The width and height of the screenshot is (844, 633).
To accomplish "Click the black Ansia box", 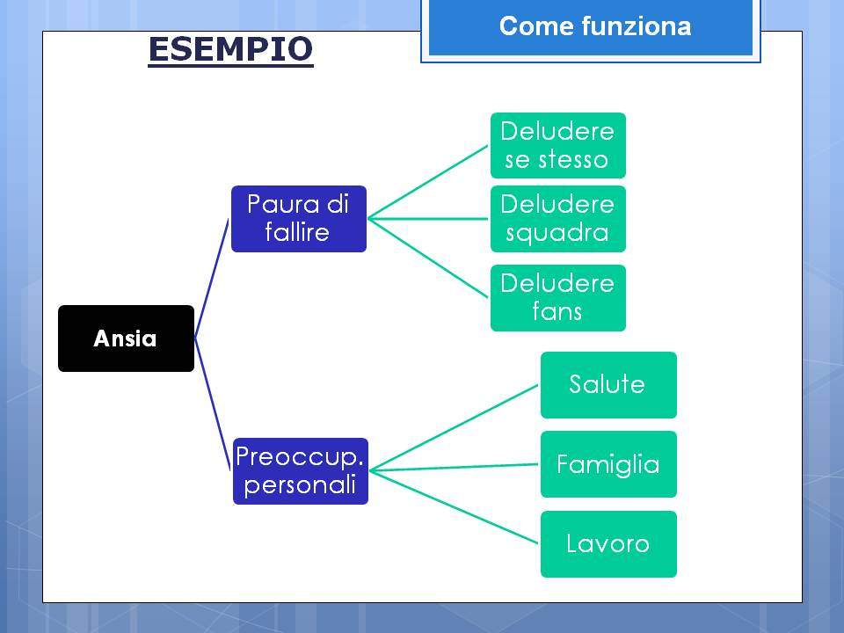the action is click(x=126, y=338).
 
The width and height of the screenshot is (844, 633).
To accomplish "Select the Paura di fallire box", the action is click(x=299, y=219).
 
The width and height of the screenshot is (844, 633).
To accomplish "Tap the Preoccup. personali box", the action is click(x=301, y=471).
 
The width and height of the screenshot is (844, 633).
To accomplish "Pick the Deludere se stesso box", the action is click(x=557, y=145).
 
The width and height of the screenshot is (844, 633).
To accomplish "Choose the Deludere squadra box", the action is click(x=557, y=219).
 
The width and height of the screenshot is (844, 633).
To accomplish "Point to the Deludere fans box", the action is click(x=557, y=298).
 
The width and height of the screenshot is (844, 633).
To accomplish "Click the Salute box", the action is click(x=608, y=385).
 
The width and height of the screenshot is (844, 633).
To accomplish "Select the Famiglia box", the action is click(x=608, y=464).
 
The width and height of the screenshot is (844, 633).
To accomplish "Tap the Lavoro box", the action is click(x=608, y=544).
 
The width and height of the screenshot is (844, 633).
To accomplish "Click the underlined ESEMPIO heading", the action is click(x=230, y=50).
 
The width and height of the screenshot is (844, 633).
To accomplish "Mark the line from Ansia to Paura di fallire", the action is click(x=212, y=279).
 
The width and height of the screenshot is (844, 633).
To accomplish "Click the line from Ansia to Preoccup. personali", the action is click(x=213, y=404).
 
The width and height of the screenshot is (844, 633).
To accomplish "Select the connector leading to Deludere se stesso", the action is click(x=428, y=182).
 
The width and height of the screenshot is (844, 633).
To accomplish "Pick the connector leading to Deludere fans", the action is click(x=428, y=258).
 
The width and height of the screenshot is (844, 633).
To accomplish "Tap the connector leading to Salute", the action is click(x=455, y=428).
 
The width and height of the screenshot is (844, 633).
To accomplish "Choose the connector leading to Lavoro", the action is click(x=455, y=507).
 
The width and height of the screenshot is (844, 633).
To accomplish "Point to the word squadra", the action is click(x=557, y=233).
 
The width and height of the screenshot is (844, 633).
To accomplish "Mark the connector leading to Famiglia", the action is click(x=455, y=467).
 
